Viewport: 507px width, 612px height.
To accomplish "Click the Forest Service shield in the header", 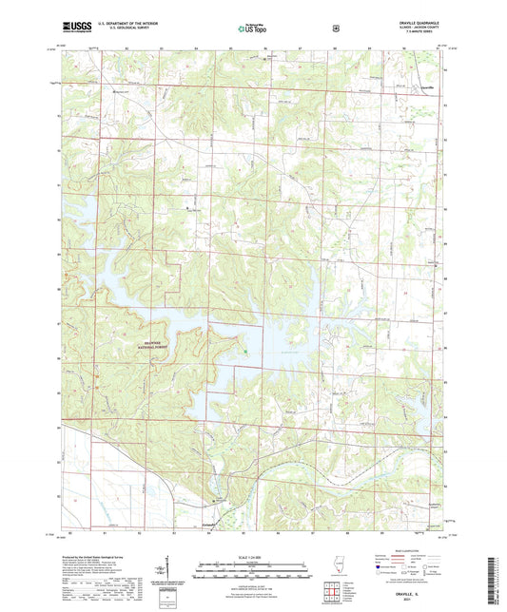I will (x=336, y=28).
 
